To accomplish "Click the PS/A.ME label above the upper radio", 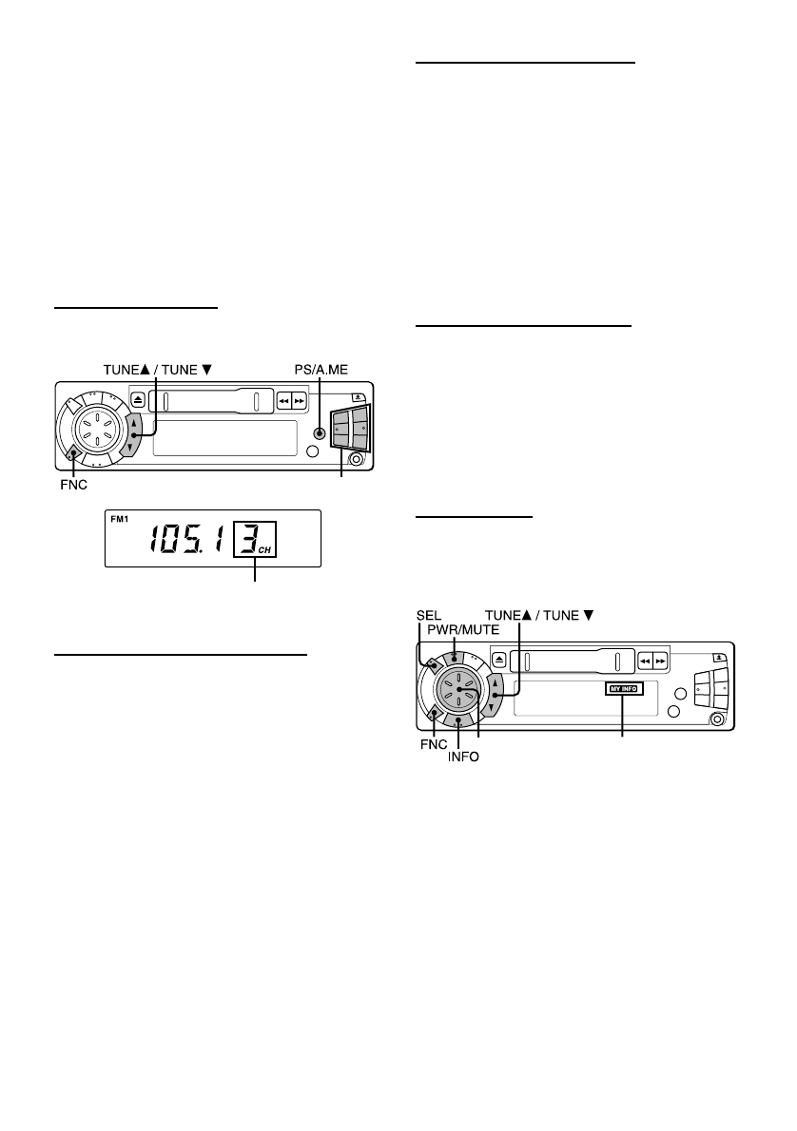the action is point(321,370).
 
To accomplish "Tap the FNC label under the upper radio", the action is point(73,486).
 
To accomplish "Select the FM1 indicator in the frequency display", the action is point(120,519).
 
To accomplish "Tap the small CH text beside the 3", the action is point(265,550).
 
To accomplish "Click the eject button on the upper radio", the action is point(139,401).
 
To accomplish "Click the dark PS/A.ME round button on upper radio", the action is point(319,433).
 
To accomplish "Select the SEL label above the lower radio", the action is point(429,615).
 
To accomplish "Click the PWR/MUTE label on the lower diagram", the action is point(463,630).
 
